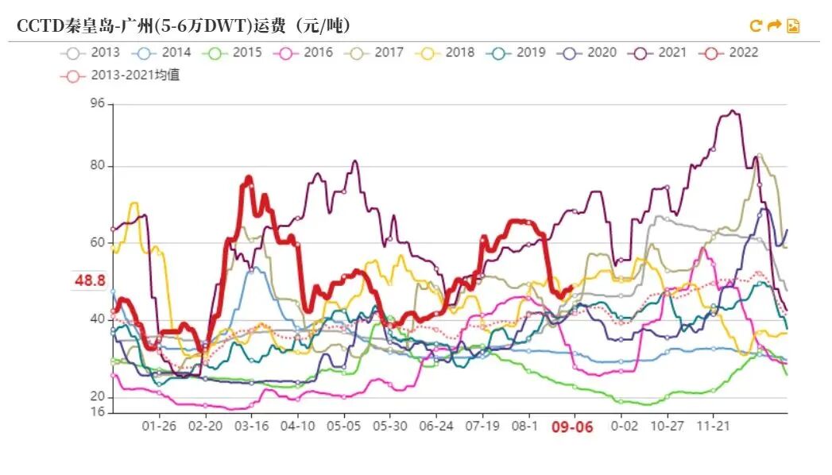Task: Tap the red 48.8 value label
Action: point(90,280)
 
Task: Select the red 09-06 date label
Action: point(572,427)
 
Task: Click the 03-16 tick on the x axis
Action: point(252,426)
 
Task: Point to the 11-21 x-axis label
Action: point(713,426)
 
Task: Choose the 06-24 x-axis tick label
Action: point(436,426)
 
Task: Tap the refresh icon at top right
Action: point(756,26)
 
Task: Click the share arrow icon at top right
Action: point(774,26)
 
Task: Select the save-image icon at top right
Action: point(792,26)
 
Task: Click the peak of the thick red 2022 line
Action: point(249,177)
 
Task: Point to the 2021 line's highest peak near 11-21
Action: point(732,111)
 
